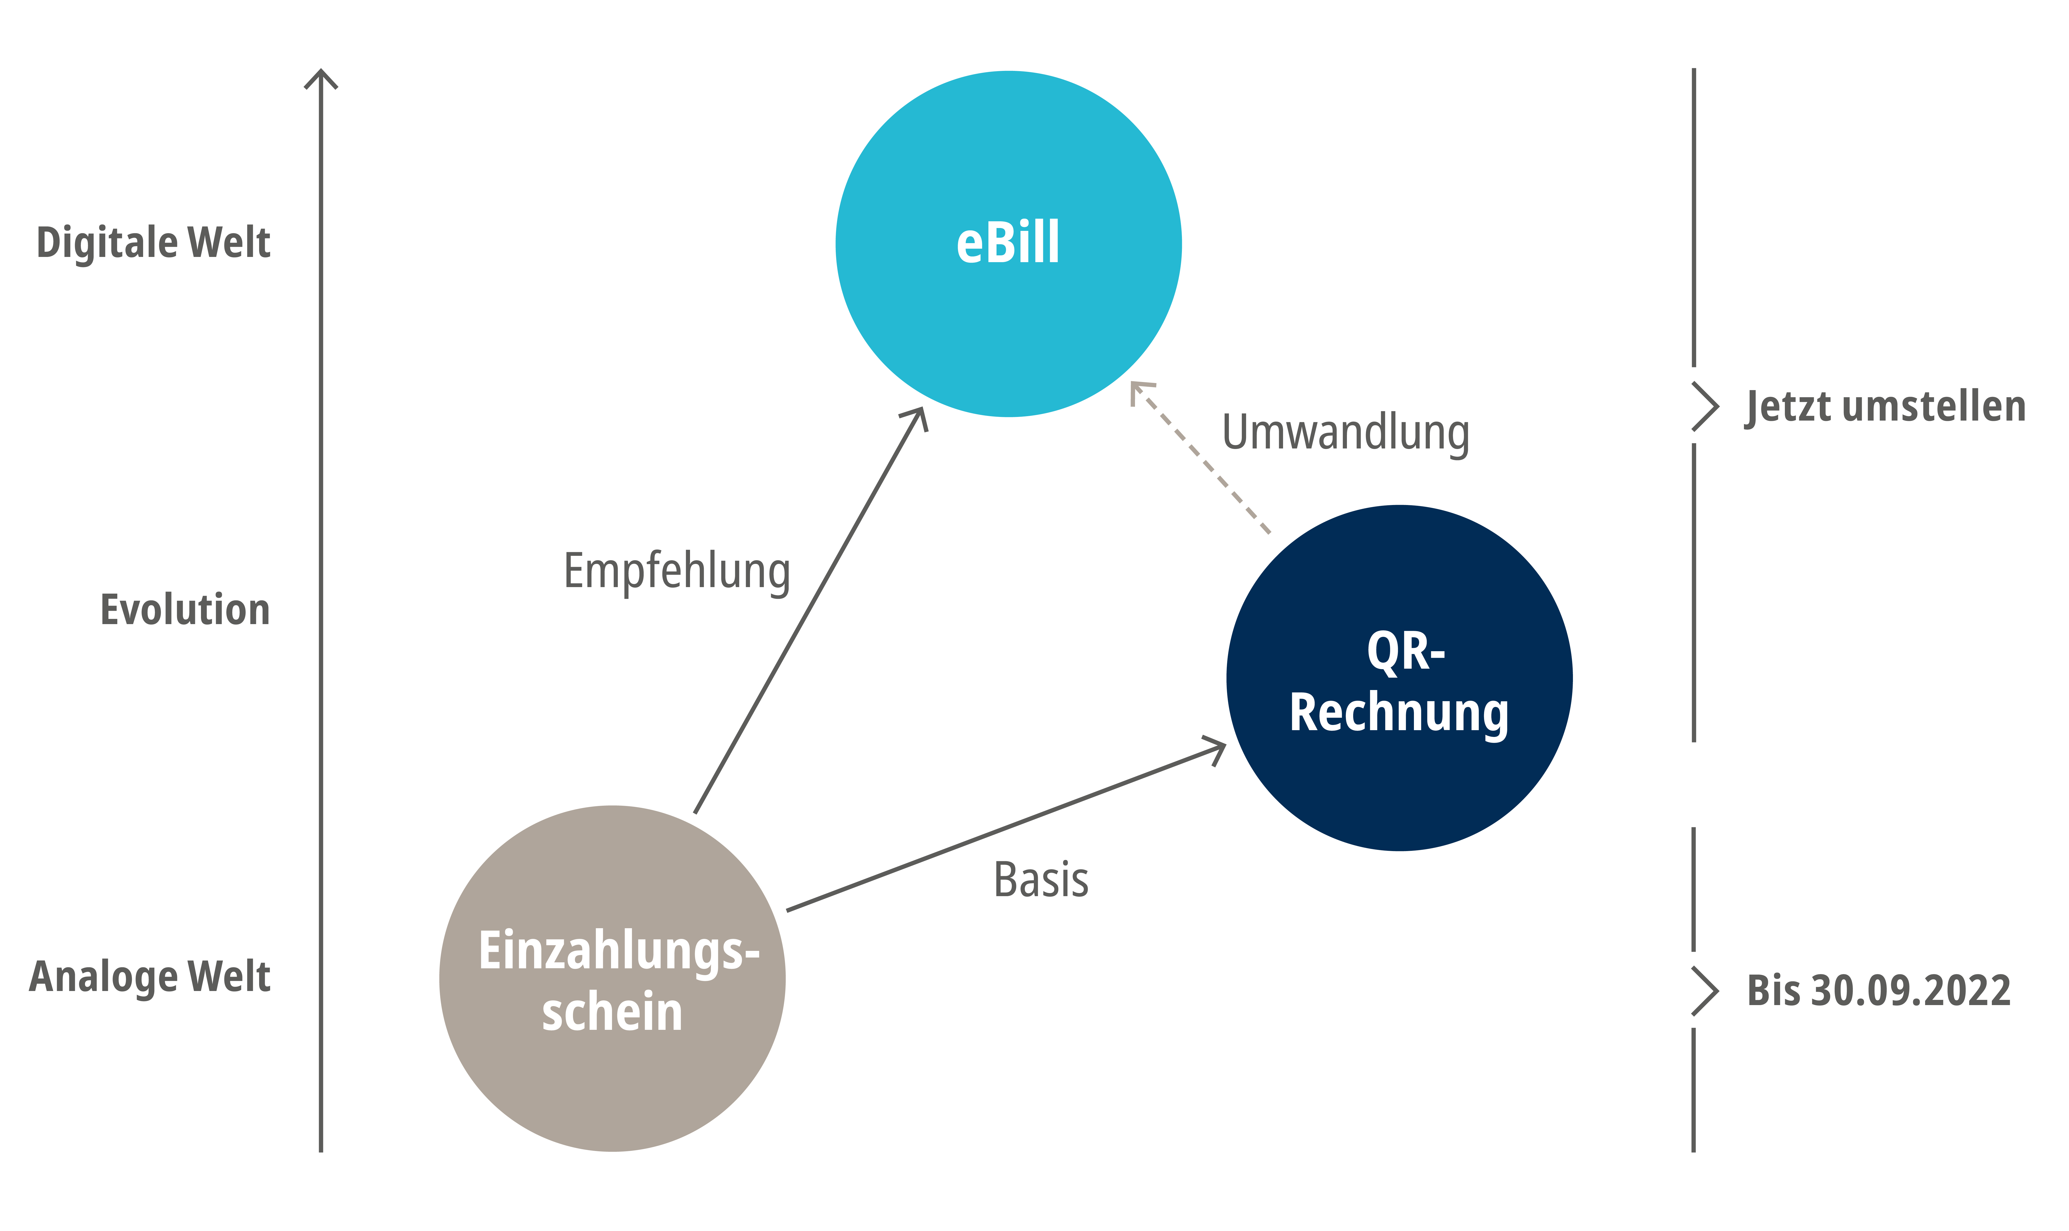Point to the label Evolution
coord(185,610)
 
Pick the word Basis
coord(1041,880)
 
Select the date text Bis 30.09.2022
coord(1879,990)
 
